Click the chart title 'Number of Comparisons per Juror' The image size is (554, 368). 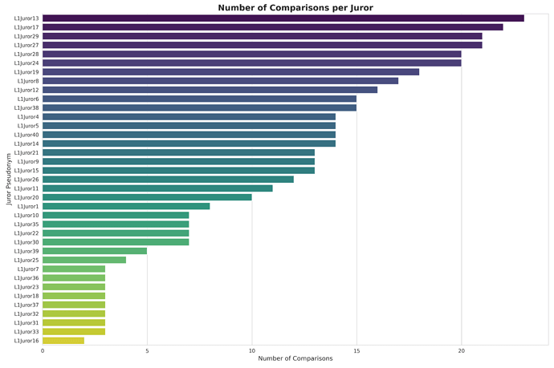tap(295, 8)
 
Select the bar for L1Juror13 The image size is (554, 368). tap(283, 18)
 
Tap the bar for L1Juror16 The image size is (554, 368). tap(63, 341)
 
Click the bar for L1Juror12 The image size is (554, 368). tap(210, 90)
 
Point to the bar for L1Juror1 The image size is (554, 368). tap(126, 206)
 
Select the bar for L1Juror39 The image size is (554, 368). tap(95, 251)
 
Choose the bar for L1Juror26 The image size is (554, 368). tap(168, 180)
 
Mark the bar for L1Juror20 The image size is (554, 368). tap(147, 197)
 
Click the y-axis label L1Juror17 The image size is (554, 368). tap(26, 27)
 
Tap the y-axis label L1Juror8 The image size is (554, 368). tap(28, 81)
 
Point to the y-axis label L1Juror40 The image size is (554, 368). tap(26, 135)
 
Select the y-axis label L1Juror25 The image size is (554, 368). tap(26, 260)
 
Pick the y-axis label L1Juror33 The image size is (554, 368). tap(26, 332)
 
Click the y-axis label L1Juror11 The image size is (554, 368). tap(26, 188)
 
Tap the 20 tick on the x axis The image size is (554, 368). tap(461, 350)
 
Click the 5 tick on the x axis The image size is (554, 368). tap(147, 350)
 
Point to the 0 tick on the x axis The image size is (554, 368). tap(43, 350)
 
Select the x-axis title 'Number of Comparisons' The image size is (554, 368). tap(295, 358)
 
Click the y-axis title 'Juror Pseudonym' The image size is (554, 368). tap(9, 180)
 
